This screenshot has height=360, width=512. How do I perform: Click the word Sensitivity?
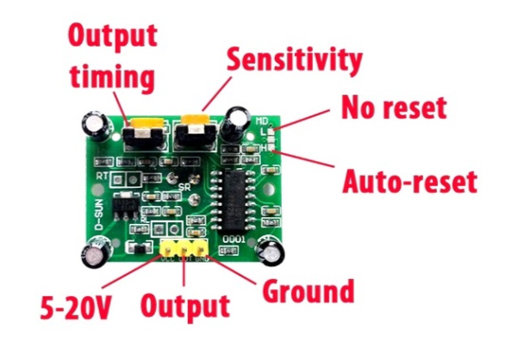(295, 60)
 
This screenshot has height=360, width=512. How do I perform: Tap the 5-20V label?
(76, 307)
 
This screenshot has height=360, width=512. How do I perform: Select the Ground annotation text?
(309, 291)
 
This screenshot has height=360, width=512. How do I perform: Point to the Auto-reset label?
(409, 181)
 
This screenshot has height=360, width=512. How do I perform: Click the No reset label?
(394, 108)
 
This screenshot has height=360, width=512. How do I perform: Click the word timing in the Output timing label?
(112, 77)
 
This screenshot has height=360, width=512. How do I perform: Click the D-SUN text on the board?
(99, 215)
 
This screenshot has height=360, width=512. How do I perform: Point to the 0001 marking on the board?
(234, 240)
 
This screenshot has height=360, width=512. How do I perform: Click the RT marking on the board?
(103, 176)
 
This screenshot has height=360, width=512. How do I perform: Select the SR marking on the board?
(184, 188)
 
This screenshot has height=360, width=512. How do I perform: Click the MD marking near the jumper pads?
(262, 121)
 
